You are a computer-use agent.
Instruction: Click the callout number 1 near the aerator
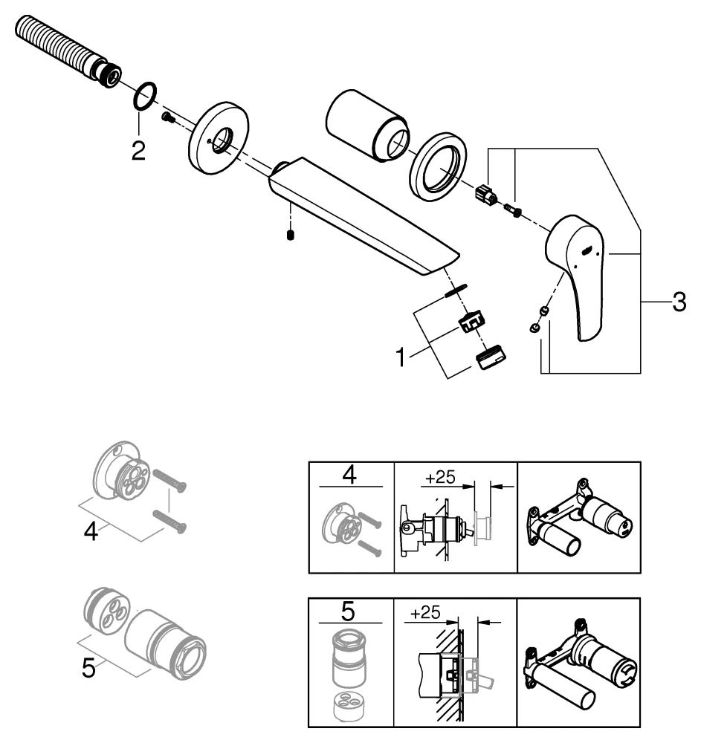tap(401, 358)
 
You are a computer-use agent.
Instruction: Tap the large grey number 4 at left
tap(90, 532)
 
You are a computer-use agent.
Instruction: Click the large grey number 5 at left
tap(88, 668)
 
